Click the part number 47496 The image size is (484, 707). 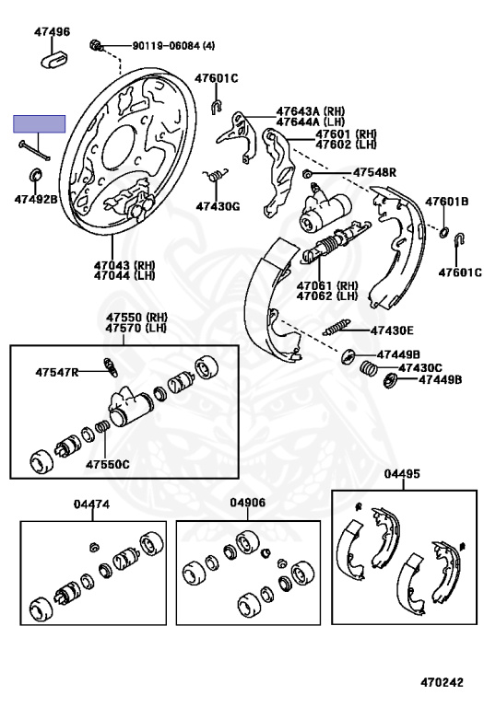[52, 31]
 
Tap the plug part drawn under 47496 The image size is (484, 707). [52, 59]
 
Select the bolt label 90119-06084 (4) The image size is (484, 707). [172, 45]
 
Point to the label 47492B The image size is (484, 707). [35, 199]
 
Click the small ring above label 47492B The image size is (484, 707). [36, 175]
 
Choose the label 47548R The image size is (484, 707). [373, 172]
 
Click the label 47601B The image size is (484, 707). [446, 202]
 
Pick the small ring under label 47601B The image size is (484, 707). [444, 228]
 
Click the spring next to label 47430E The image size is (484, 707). [337, 329]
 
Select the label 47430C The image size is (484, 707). [419, 366]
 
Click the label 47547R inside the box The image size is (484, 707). [57, 372]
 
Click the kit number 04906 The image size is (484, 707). [248, 504]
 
